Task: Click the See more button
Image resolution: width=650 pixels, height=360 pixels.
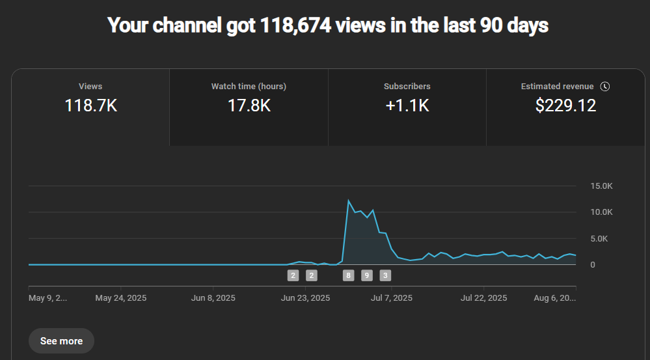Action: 61,340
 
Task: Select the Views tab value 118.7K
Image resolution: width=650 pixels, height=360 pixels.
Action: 90,105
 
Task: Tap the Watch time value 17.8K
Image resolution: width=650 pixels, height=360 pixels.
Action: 249,105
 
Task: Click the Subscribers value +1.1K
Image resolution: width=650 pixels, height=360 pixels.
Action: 407,105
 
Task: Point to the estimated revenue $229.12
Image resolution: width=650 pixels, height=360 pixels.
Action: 565,105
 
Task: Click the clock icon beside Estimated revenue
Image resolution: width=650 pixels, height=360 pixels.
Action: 605,87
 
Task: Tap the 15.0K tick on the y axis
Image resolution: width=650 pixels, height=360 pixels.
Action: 601,186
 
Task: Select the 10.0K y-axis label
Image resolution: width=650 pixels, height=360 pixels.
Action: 601,212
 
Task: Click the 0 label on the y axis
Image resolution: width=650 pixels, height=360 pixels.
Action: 593,265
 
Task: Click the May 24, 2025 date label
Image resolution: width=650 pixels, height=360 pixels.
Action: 121,298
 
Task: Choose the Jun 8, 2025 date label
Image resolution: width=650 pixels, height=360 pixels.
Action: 213,298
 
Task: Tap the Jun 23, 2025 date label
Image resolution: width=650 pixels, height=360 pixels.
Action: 305,298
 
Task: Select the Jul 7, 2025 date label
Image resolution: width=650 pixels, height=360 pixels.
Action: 392,298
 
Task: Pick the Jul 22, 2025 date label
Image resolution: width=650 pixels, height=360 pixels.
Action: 483,298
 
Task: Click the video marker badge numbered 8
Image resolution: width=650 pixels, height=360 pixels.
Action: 349,275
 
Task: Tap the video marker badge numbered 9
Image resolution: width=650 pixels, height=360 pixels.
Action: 367,275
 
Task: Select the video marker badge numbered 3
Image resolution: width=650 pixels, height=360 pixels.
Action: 385,275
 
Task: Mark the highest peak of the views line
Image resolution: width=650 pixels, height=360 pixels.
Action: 349,201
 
